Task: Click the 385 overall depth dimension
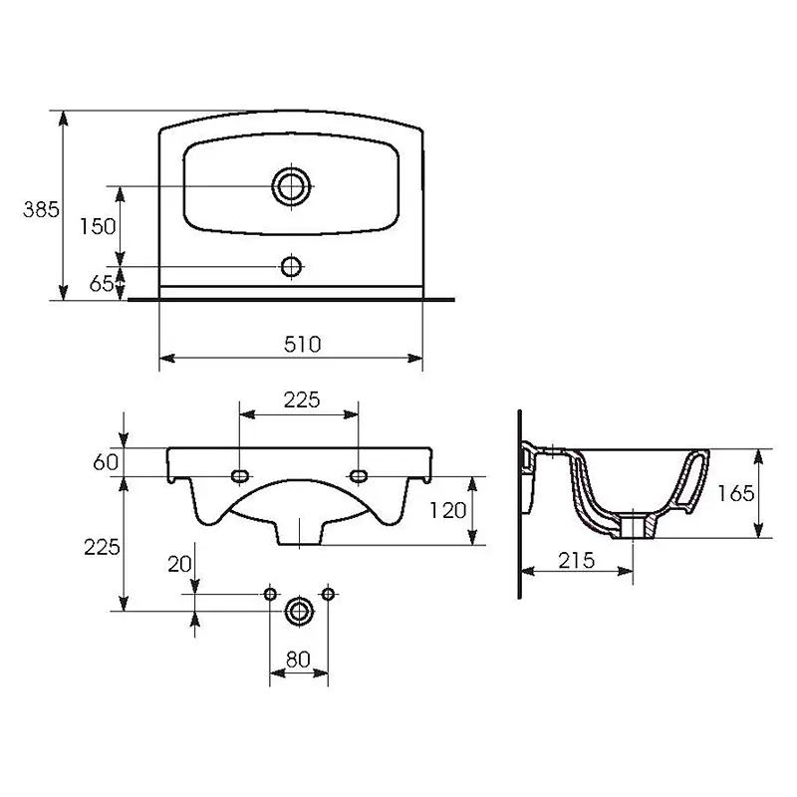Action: [x=41, y=209]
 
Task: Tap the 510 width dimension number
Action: [x=303, y=345]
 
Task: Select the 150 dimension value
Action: [x=98, y=226]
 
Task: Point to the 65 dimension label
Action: [x=102, y=284]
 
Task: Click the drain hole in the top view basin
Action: [x=291, y=186]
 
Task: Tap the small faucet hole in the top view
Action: [x=291, y=266]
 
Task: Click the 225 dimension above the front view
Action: [x=302, y=400]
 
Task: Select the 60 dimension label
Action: [x=106, y=462]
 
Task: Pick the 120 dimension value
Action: [x=447, y=510]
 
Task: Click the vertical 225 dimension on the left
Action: [x=102, y=547]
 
